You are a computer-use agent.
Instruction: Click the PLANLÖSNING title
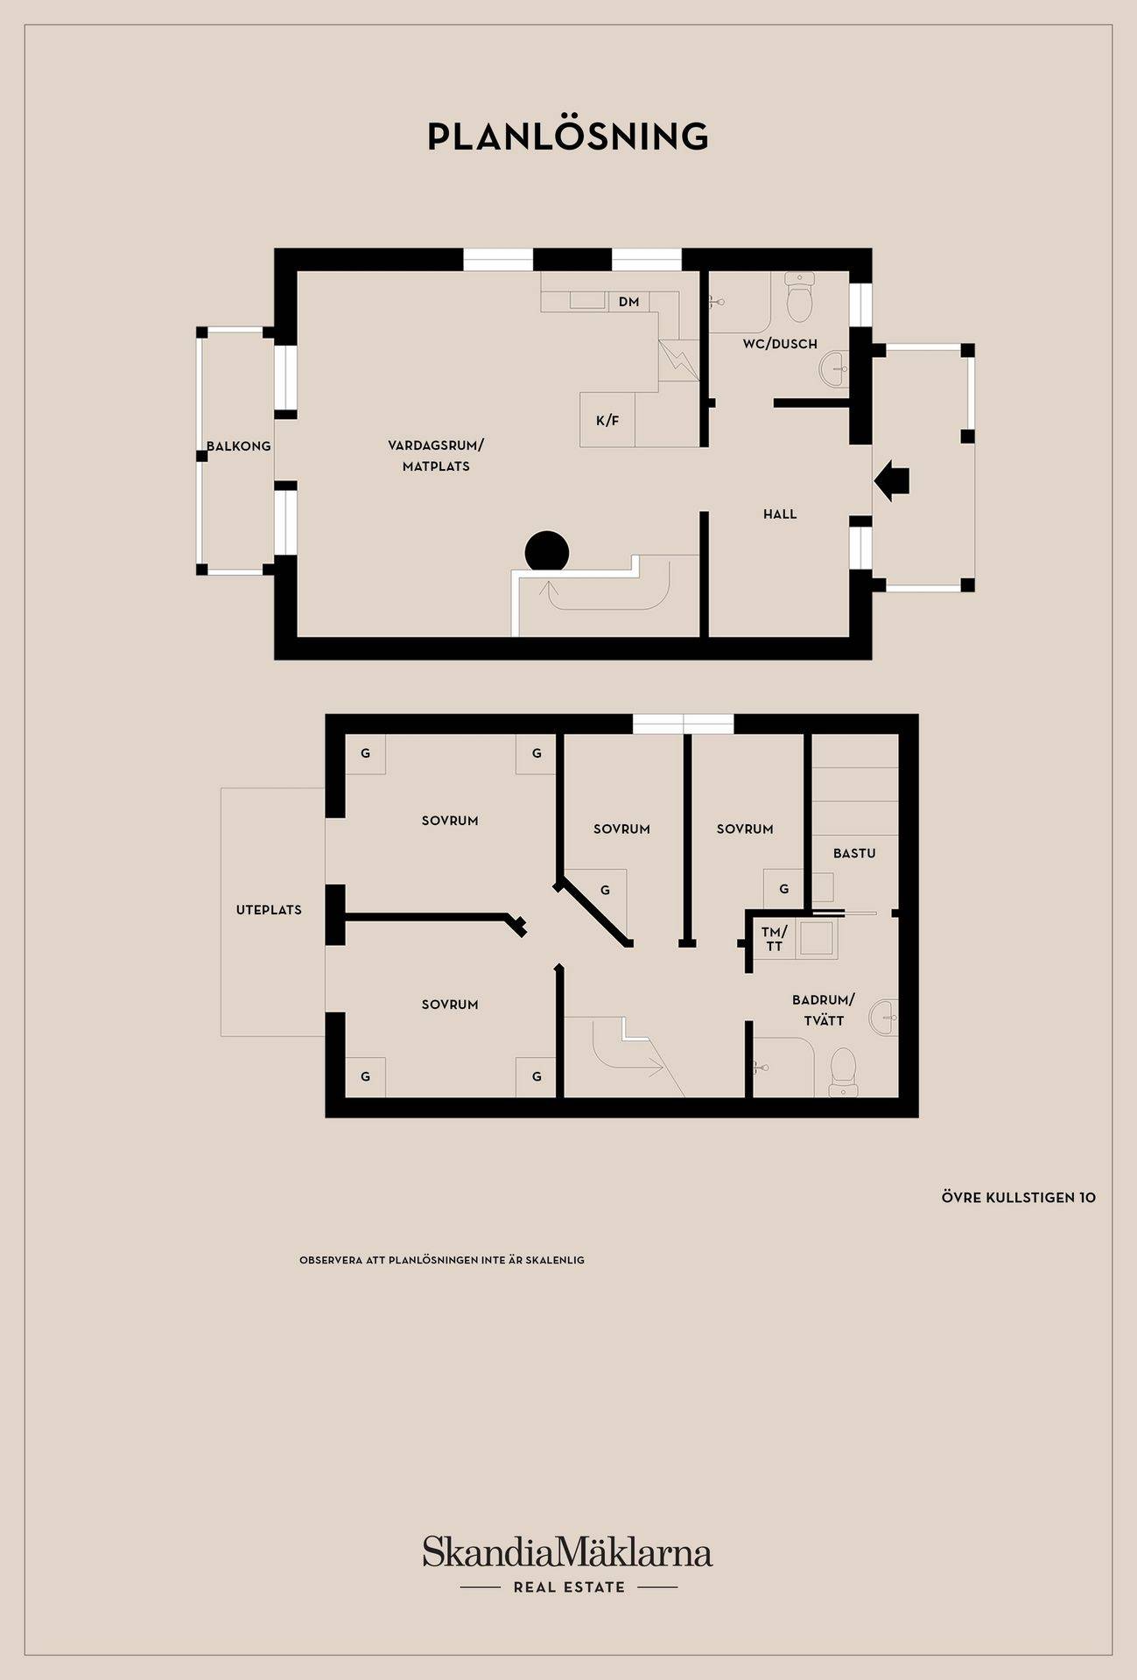point(568,136)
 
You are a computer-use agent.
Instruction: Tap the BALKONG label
point(239,446)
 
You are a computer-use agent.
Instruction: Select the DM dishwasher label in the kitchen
point(628,302)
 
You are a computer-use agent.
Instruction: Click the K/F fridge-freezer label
point(607,421)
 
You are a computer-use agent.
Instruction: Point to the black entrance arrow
point(892,480)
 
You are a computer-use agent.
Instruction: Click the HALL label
point(780,514)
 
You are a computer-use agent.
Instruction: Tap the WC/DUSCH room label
point(780,344)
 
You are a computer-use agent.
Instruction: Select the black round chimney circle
point(547,552)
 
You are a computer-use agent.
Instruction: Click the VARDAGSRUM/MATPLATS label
point(436,456)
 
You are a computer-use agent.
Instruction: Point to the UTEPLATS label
point(269,910)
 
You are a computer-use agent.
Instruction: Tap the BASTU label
point(854,853)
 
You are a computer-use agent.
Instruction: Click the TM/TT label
point(775,939)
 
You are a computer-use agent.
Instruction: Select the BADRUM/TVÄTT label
point(824,1010)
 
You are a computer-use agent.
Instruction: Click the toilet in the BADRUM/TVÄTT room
point(843,1072)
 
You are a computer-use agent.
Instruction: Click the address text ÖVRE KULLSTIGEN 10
point(1019,1198)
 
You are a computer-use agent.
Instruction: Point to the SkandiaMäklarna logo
point(567,1551)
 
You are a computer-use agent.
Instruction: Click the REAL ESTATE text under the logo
point(569,1587)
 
